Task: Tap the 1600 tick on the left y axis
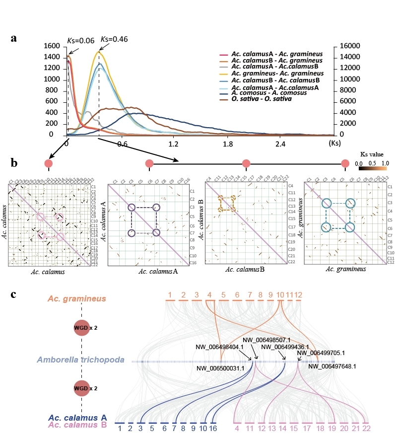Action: coord(52,46)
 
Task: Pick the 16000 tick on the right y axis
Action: coord(351,46)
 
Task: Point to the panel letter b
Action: coord(15,162)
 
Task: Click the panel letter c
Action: coord(15,294)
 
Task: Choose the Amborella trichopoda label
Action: coord(80,360)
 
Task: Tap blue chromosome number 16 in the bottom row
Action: coord(213,428)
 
